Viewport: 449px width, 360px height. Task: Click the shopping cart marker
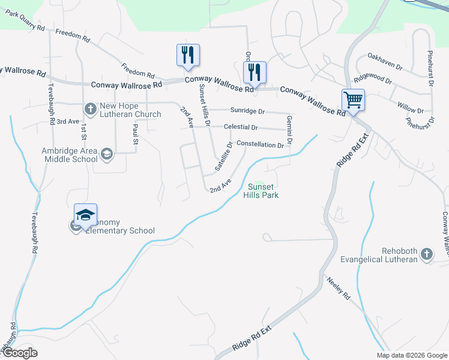click(353, 100)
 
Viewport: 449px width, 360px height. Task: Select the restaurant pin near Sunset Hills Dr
click(188, 55)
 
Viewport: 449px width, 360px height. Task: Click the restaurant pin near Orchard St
click(255, 73)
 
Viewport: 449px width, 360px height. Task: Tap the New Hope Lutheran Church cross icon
click(90, 109)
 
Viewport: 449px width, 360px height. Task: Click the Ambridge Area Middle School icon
click(106, 154)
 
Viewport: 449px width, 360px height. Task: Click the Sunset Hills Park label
click(261, 191)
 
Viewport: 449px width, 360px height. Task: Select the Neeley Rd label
click(339, 288)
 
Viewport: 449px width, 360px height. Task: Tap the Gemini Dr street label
click(289, 130)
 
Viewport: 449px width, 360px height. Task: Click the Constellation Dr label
click(260, 145)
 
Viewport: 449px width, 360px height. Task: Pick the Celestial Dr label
click(240, 127)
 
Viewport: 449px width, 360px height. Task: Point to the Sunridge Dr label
click(247, 111)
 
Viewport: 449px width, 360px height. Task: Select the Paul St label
click(136, 135)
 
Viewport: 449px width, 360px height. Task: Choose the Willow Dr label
click(411, 107)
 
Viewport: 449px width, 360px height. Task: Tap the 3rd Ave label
click(70, 121)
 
